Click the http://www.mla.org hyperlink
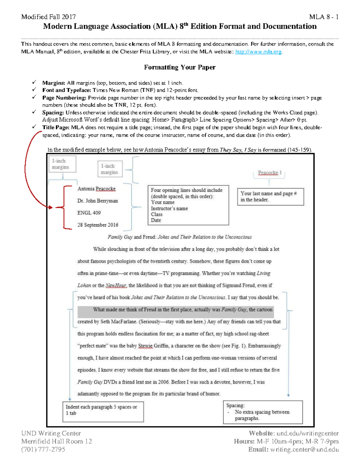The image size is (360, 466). point(258,52)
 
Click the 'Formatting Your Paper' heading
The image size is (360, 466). point(180,67)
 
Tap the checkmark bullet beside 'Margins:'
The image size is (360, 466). point(34,83)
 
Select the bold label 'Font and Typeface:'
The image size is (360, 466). point(67,90)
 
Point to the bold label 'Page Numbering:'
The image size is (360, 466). point(64,98)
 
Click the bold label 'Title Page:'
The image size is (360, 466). point(56,127)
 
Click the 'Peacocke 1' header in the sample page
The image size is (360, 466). point(270,173)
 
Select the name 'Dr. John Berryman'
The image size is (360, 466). point(97,201)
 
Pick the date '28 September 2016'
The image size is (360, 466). point(98,225)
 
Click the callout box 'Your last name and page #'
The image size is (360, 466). point(270,197)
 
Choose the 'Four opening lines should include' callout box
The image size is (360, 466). point(188,205)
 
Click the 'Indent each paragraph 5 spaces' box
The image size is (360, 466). point(103,411)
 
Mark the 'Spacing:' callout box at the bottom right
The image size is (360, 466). point(262,412)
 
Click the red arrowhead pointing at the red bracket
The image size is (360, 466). point(50,207)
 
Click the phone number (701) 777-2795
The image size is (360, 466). point(43,449)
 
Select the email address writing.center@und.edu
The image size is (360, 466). point(304,449)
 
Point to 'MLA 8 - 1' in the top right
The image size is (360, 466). point(324,17)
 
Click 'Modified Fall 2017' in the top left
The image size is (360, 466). point(48,17)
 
